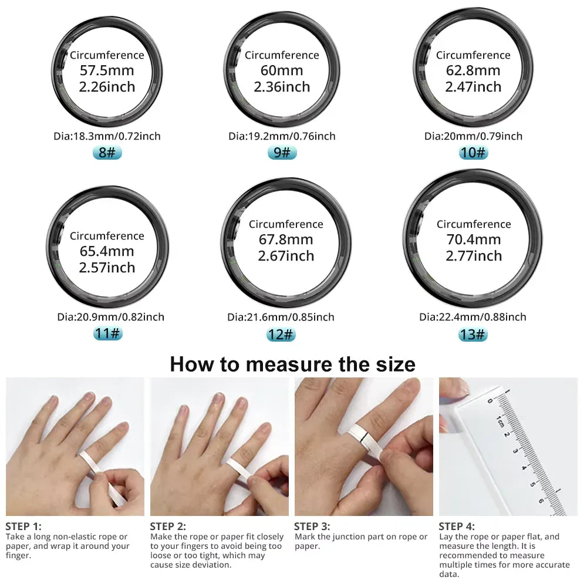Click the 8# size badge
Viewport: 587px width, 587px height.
[x=107, y=153]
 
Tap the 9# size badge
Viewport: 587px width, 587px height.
[x=282, y=153]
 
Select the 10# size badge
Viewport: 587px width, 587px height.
[x=473, y=153]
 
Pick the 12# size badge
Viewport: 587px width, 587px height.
[x=281, y=335]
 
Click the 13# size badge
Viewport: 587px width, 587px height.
[x=473, y=335]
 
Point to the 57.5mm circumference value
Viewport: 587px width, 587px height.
[x=107, y=71]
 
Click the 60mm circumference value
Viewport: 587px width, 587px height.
[x=282, y=71]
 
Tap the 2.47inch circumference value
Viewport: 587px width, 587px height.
[x=473, y=87]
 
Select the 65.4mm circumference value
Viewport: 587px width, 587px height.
[x=107, y=251]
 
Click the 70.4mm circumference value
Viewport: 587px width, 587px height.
[x=473, y=239]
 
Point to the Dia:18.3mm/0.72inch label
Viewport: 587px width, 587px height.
[x=107, y=136]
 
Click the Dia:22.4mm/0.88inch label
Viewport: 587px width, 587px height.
[x=473, y=317]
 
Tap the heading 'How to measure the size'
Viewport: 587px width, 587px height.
[x=292, y=364]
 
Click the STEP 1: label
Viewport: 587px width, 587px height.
[x=23, y=526]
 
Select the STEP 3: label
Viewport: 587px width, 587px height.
[x=312, y=526]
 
